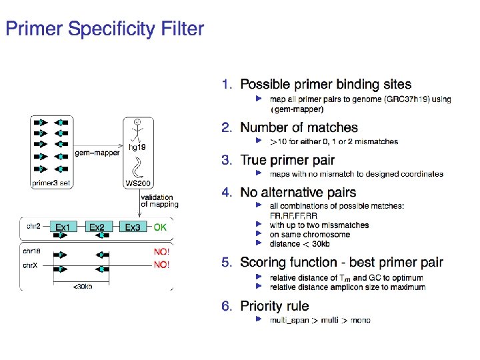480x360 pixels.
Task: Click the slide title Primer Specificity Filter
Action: pyautogui.click(x=105, y=29)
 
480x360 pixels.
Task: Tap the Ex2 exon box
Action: pyautogui.click(x=98, y=227)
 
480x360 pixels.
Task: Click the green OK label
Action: pyautogui.click(x=161, y=227)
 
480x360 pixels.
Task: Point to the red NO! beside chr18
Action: pyautogui.click(x=161, y=252)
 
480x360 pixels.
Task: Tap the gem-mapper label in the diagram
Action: pyautogui.click(x=97, y=153)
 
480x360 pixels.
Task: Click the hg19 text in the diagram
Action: pyautogui.click(x=137, y=146)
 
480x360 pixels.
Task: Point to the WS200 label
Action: pyautogui.click(x=137, y=183)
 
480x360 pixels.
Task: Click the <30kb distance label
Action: pyautogui.click(x=83, y=287)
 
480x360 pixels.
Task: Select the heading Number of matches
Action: pyautogui.click(x=299, y=127)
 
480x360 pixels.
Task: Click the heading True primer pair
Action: pyautogui.click(x=287, y=160)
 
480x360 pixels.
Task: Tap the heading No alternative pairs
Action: pyautogui.click(x=298, y=193)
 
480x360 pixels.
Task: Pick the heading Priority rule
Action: pyautogui.click(x=275, y=306)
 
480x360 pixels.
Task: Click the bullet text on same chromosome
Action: pyautogui.click(x=309, y=235)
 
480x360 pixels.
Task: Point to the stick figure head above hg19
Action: pyautogui.click(x=137, y=122)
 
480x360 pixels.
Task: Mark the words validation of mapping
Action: pyautogui.click(x=160, y=201)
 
